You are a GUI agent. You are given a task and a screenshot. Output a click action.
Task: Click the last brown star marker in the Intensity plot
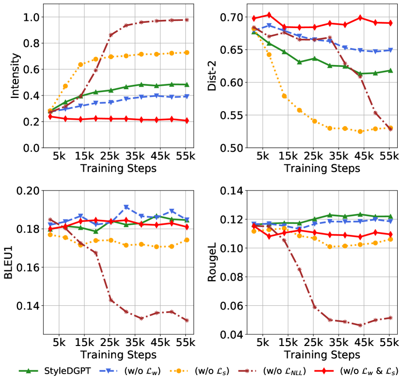(x=186, y=20)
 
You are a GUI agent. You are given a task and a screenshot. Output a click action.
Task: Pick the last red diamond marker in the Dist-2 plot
(x=390, y=23)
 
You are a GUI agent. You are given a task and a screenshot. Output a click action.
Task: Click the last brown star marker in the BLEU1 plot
(x=186, y=320)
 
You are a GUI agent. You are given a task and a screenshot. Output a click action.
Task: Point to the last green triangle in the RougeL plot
(x=390, y=216)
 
